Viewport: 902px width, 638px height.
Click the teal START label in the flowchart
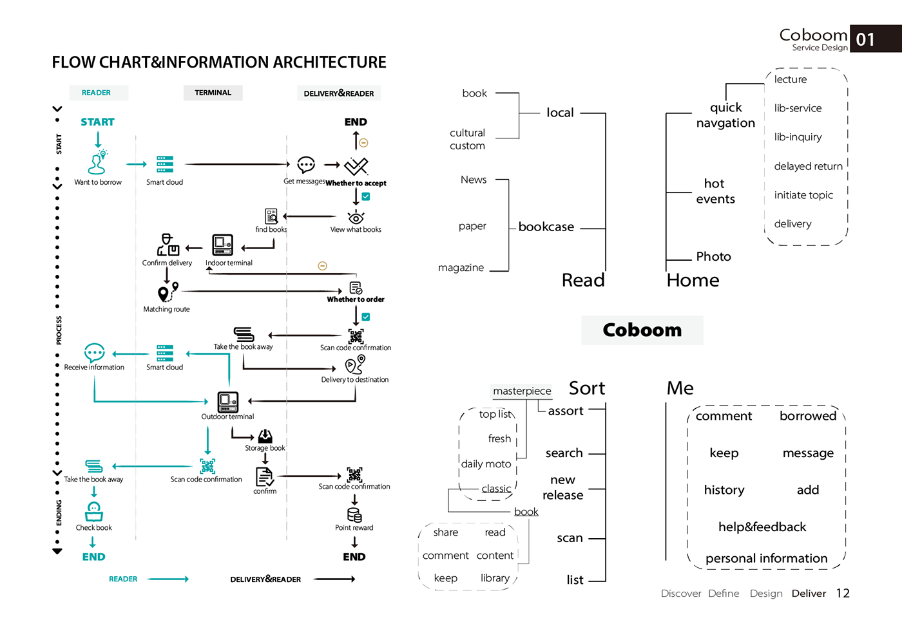coord(97,122)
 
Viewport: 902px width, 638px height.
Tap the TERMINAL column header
coord(213,93)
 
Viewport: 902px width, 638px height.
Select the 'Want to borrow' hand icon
coord(97,163)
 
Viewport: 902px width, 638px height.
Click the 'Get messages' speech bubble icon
coord(306,165)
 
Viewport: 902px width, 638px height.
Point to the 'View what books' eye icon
coord(356,217)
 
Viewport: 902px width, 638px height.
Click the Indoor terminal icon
coord(223,245)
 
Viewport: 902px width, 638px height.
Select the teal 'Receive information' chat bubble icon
coord(95,353)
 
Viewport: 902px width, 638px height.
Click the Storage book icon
coord(265,436)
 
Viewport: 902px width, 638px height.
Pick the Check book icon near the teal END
coord(94,512)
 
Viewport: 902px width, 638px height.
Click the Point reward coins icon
coord(354,514)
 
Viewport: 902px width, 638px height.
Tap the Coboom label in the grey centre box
coord(642,330)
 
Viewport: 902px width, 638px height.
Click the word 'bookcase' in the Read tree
coord(546,227)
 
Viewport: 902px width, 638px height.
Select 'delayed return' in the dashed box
coord(808,166)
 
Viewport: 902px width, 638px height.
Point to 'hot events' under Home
coord(715,191)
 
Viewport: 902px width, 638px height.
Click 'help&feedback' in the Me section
coord(762,527)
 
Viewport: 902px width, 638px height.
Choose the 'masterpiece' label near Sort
coord(522,391)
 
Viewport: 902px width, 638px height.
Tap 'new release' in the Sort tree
coord(563,487)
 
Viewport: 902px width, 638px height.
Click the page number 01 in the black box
coord(866,40)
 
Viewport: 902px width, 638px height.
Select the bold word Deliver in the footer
coord(809,593)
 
